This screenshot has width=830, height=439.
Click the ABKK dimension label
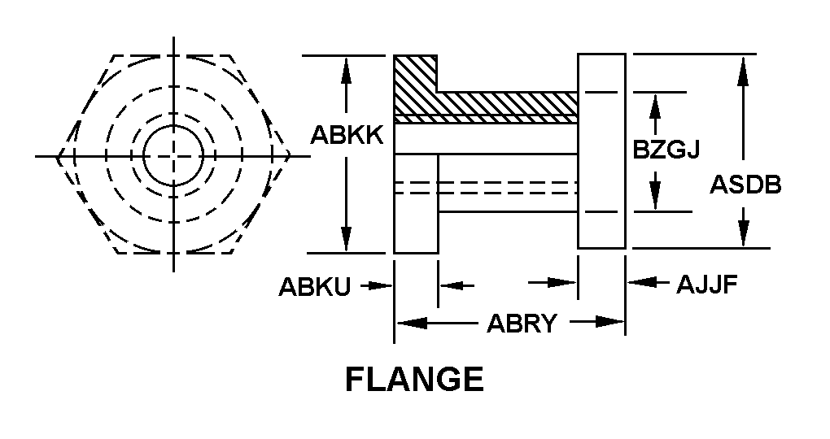tap(347, 135)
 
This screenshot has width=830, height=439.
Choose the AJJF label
tap(707, 285)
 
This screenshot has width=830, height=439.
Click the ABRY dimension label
tap(522, 323)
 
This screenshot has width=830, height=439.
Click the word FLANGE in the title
tap(414, 379)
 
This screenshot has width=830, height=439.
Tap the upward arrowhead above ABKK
tap(347, 70)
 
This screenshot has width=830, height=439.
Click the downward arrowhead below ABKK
tap(347, 239)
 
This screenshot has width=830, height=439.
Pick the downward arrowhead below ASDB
tap(742, 234)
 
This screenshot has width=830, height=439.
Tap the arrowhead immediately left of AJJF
tap(638, 282)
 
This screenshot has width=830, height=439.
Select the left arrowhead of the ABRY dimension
tap(411, 323)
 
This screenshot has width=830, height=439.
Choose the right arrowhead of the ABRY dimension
tap(609, 322)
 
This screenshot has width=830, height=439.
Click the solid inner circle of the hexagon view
tap(173, 155)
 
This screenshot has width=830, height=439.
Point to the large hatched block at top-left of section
tap(415, 85)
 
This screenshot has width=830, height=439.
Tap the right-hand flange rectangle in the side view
tap(601, 150)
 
